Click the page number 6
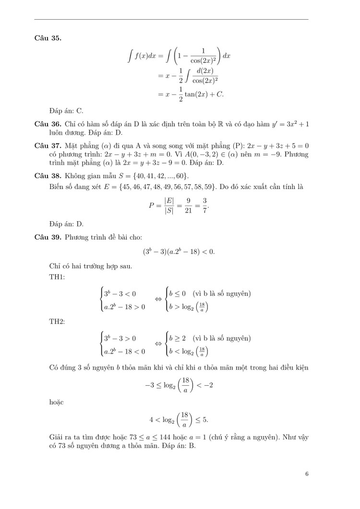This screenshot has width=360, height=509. click(306, 474)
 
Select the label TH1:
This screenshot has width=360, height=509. click(57, 277)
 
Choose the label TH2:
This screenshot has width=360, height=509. click(57, 321)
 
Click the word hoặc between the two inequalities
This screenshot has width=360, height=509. click(57, 402)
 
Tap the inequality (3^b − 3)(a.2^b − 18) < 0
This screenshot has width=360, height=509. click(179, 251)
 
